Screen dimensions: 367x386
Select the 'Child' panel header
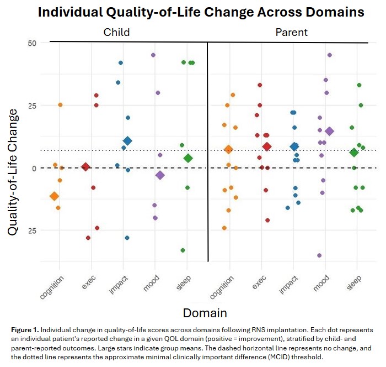pos(117,33)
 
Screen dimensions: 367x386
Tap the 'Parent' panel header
pos(292,33)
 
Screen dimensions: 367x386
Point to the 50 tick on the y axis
pos(31,43)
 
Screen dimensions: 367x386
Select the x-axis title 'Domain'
pos(205,313)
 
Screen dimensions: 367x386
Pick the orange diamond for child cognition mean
pos(54,196)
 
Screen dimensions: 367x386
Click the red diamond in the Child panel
pos(85,167)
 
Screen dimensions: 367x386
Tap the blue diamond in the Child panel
pos(127,141)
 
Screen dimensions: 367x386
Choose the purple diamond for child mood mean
pos(160,175)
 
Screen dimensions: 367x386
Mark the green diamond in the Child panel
pos(188,158)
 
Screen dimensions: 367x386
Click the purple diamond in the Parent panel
pos(330,131)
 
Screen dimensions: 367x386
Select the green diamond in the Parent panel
pos(354,153)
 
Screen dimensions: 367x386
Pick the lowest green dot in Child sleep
pos(183,250)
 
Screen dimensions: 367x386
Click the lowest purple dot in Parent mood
pos(319,255)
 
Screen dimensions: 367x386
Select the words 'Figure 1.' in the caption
pos(24,329)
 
